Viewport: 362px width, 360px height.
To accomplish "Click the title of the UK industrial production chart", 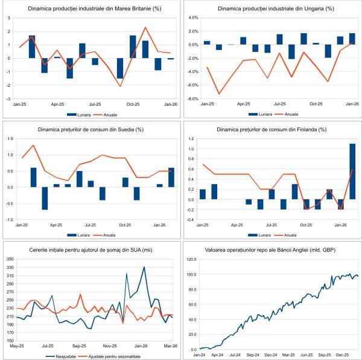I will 89,9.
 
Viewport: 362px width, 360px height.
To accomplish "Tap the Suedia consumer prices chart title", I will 89,129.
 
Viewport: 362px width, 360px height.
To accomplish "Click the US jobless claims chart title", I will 89,249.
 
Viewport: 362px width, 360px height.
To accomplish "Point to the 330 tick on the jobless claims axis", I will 10,267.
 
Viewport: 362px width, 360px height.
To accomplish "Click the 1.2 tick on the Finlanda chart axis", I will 192,139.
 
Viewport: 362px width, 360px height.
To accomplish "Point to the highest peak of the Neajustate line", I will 144,267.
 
